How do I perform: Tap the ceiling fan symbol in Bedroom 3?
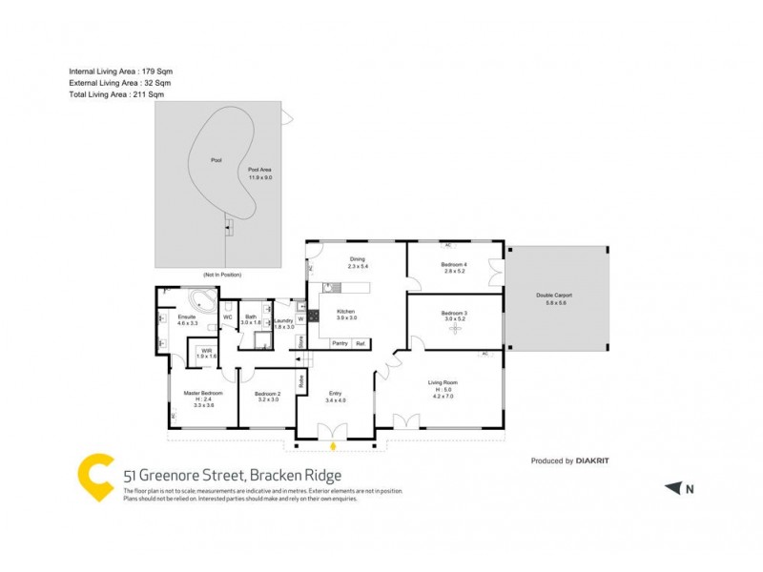pos(454,328)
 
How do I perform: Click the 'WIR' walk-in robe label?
pos(207,350)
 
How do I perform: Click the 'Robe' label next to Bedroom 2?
pos(300,379)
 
